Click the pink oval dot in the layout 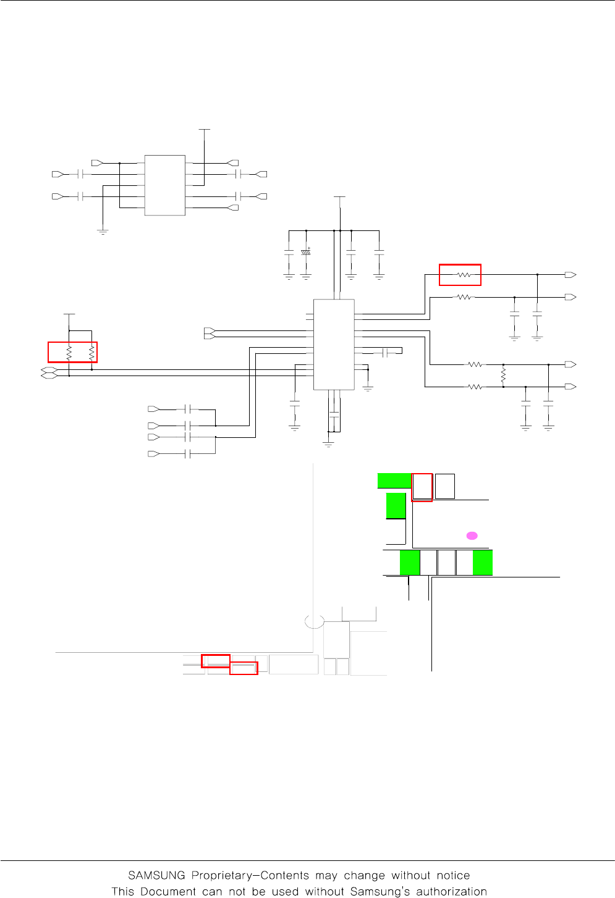[x=472, y=535]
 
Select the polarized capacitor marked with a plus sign [x=306, y=253]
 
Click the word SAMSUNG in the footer [x=157, y=875]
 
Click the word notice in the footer [x=453, y=875]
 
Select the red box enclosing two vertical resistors [x=73, y=352]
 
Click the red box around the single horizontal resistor [x=460, y=275]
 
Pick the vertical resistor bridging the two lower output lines [x=503, y=376]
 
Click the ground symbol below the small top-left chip [x=103, y=232]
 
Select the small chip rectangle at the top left [x=164, y=185]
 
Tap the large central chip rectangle [x=334, y=345]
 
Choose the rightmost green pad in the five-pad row [x=483, y=563]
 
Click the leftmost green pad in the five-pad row [x=410, y=563]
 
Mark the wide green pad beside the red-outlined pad [x=394, y=480]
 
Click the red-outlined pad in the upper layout [x=422, y=487]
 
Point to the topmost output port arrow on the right [x=571, y=275]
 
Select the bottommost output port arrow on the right [x=571, y=387]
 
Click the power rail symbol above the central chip [x=339, y=197]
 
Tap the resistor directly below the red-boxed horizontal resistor [x=464, y=297]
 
